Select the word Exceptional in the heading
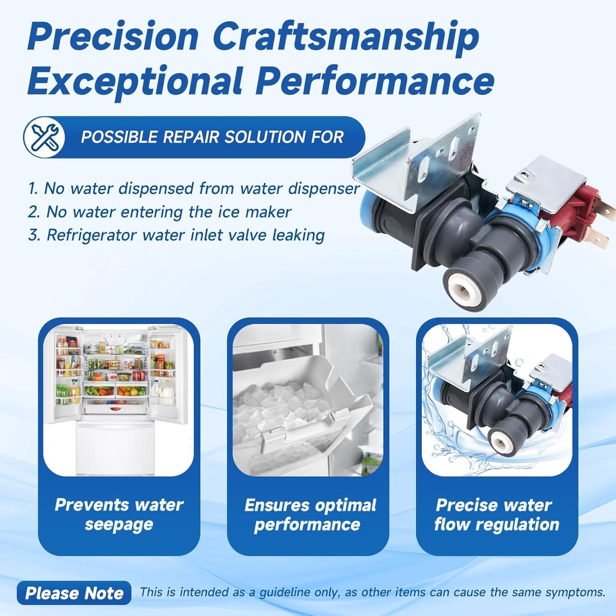coord(134,81)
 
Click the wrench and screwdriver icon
coord(44,137)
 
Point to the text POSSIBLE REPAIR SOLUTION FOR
coord(212,137)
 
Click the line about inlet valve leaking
coord(176,235)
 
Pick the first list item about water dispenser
coord(194,188)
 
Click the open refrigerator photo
coord(119,400)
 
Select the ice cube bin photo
coord(308,400)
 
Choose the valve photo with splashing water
coord(497,400)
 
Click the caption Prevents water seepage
coord(119,515)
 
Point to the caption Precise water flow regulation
coord(497,515)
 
